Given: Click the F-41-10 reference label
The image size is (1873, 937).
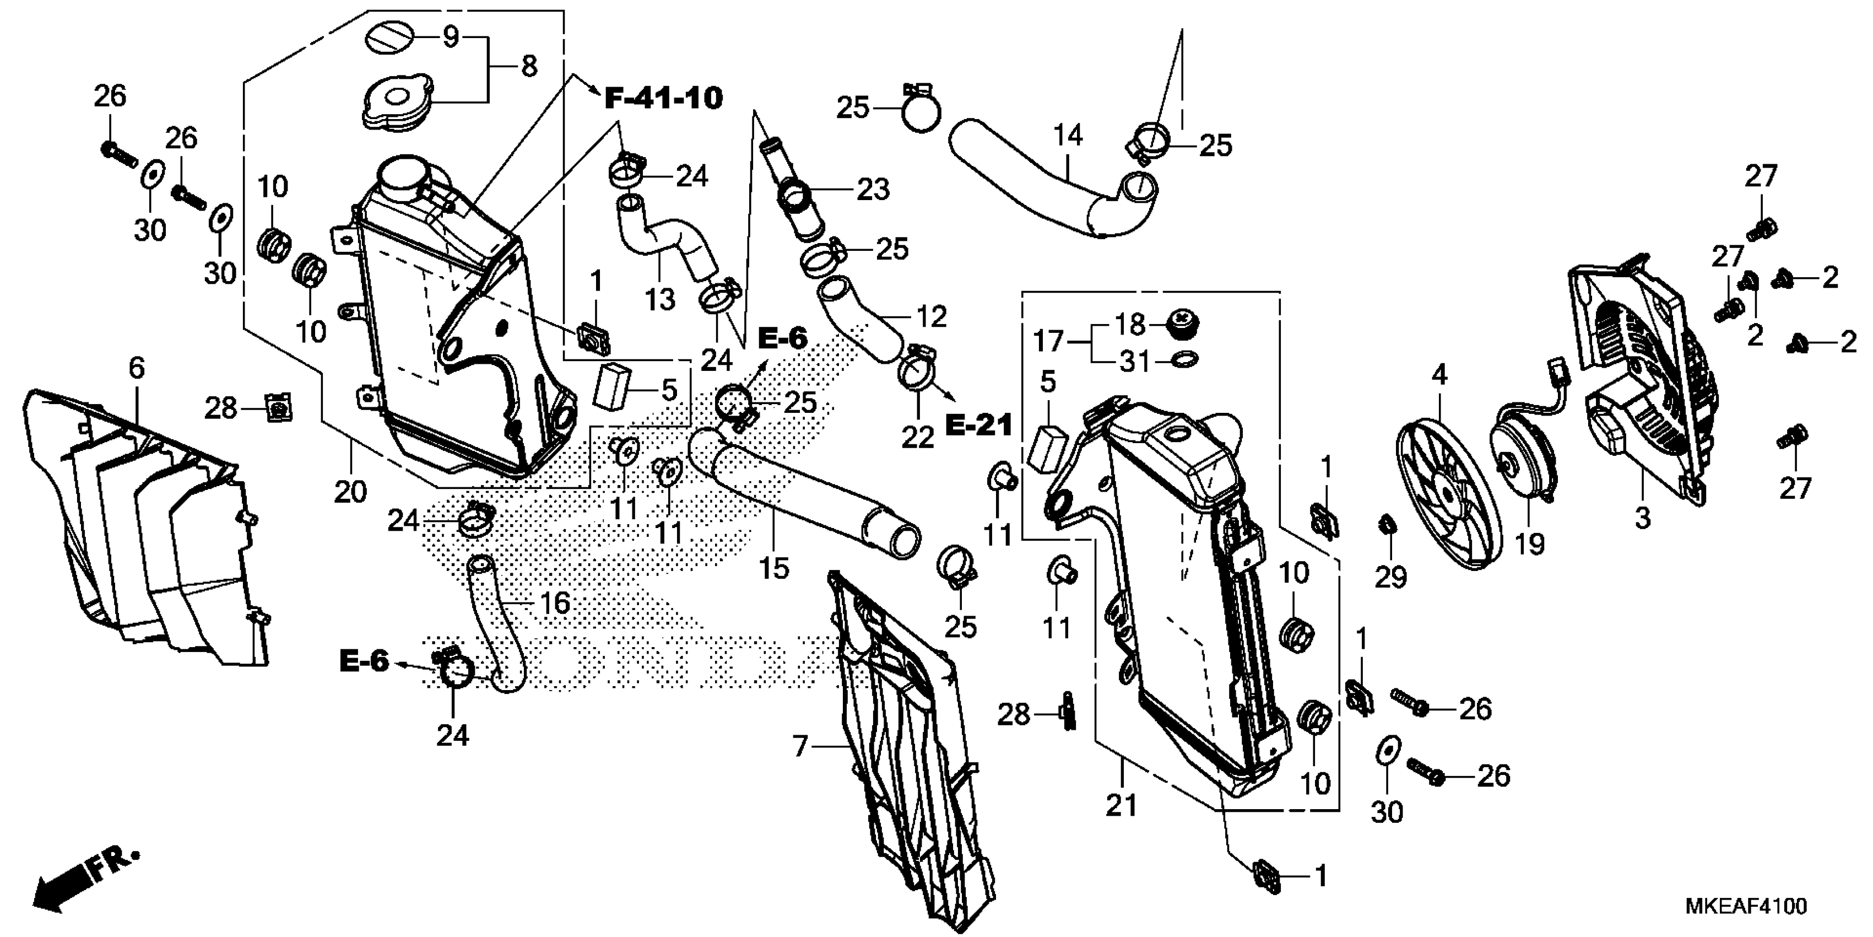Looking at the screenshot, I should [x=663, y=98].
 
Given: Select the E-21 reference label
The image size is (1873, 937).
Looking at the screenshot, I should [x=979, y=426].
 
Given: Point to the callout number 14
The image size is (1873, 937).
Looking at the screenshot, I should [x=1068, y=135].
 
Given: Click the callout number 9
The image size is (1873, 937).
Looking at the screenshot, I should [x=451, y=36].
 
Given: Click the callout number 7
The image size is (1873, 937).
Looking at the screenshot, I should [x=800, y=746].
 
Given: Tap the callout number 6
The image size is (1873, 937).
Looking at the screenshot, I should [x=137, y=368].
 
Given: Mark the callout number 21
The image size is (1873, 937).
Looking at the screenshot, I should [x=1120, y=805].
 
